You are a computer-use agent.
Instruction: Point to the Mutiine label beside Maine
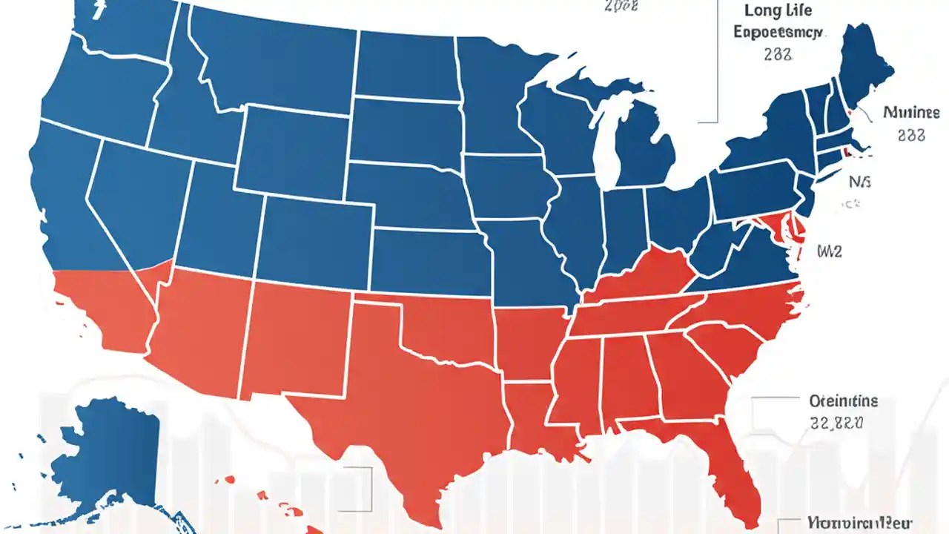click(x=911, y=113)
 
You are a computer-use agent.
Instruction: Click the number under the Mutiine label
click(x=911, y=136)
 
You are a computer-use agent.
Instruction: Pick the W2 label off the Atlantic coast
click(x=829, y=251)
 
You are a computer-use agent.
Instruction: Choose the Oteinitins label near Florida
click(x=843, y=401)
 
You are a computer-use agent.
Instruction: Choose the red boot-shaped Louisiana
click(x=538, y=423)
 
